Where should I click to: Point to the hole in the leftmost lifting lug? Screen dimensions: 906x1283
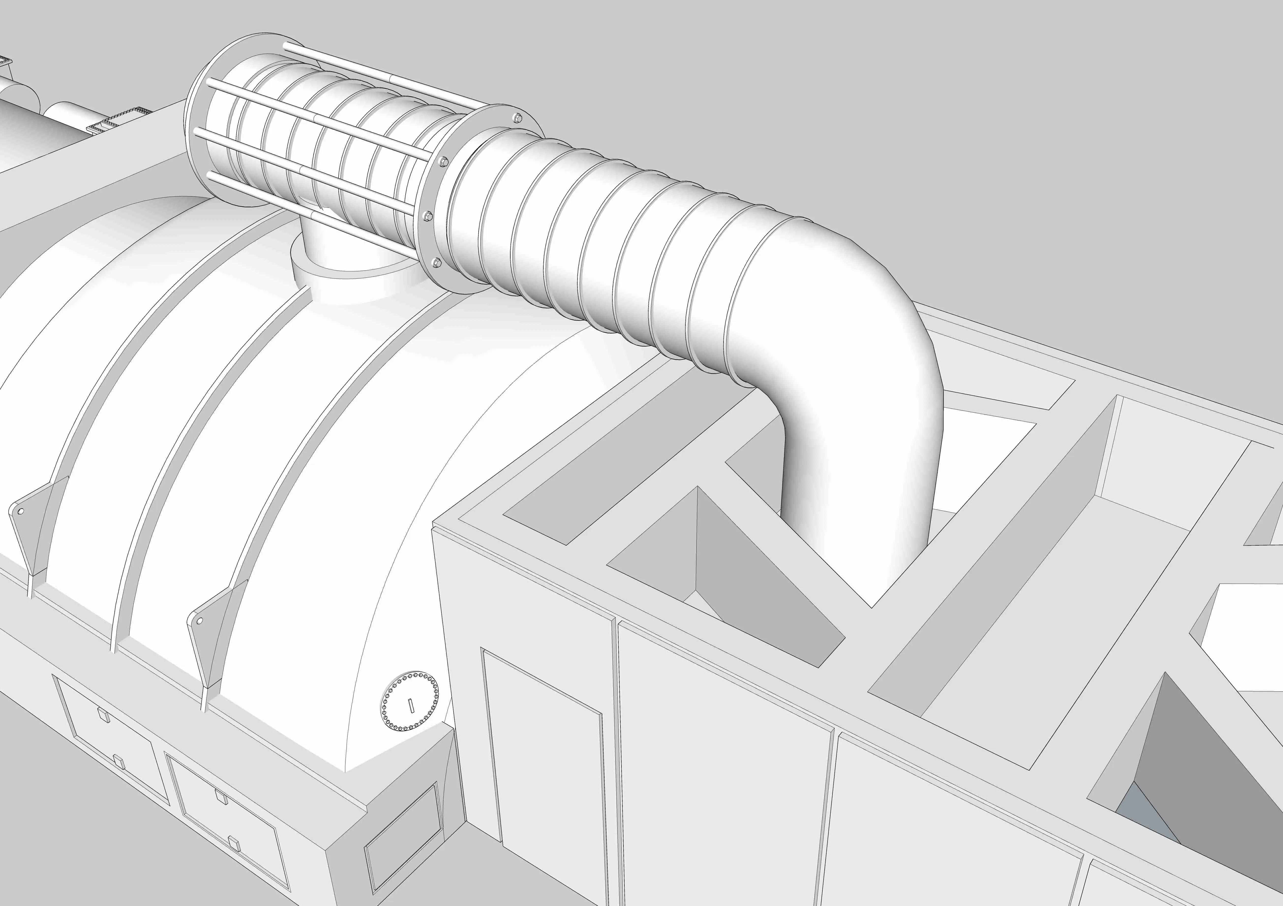21,511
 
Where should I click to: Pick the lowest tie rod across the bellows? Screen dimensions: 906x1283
313,212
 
